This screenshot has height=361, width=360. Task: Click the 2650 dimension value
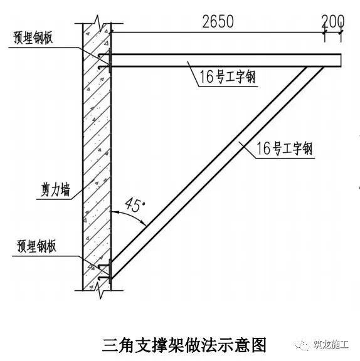(218, 22)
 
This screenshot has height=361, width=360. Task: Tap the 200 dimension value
(333, 21)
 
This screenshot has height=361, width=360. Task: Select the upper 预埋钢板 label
(33, 38)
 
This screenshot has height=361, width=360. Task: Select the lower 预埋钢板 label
(36, 246)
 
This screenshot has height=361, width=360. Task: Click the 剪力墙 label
(55, 190)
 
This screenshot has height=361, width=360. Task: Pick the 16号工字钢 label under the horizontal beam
(227, 76)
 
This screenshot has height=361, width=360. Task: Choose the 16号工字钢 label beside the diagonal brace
(285, 149)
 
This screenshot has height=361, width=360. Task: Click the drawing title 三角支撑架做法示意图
(184, 345)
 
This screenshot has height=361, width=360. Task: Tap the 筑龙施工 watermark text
(331, 345)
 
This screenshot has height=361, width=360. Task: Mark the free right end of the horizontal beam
(341, 61)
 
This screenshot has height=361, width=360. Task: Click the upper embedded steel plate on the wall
(110, 60)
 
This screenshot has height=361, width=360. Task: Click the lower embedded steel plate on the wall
(110, 271)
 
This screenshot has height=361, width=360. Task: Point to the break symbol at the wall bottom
(100, 290)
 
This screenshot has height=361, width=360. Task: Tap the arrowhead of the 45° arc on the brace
(144, 224)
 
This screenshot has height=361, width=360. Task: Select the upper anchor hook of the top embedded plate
(103, 56)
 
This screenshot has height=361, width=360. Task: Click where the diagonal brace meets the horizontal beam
(315, 67)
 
